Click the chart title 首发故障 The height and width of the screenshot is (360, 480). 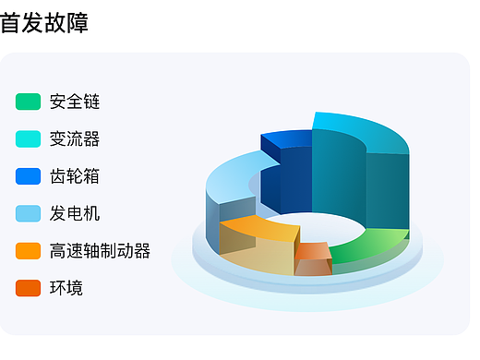[44, 22]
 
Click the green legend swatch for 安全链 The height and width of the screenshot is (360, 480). [28, 102]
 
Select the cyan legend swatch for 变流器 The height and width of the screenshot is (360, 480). [28, 139]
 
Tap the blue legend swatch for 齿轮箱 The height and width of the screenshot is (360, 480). [28, 176]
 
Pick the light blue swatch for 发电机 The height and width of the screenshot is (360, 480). [28, 213]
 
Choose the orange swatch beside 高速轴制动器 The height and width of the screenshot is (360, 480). [28, 251]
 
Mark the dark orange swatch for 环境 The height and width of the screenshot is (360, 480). [28, 288]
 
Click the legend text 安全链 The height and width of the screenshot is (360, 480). [75, 102]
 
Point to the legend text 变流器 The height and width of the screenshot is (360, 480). [75, 139]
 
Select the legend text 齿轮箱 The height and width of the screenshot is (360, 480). [75, 176]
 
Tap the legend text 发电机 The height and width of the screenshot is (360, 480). [75, 213]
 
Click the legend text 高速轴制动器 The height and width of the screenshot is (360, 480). [100, 251]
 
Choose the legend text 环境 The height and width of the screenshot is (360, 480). [66, 288]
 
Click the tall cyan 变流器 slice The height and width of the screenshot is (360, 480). [360, 175]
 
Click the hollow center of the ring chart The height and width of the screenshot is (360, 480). [314, 226]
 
